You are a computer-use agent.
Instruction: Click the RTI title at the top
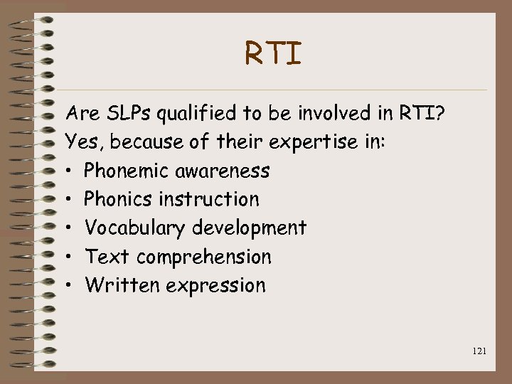click(274, 54)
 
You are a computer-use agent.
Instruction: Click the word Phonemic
click(123, 171)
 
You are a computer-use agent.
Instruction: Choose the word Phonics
click(118, 199)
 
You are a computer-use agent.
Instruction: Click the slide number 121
click(479, 351)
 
